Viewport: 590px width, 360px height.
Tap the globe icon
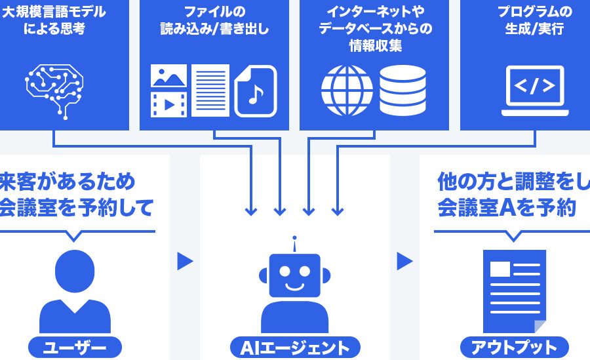[347, 89]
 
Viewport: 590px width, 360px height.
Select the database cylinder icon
[403, 89]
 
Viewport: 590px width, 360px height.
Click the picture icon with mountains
[168, 76]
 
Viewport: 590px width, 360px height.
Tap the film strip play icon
[168, 105]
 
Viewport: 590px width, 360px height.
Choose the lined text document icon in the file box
[210, 90]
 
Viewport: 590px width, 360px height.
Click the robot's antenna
[295, 243]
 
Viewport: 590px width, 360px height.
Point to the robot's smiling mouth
[295, 287]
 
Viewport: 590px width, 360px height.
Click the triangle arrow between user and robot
[185, 262]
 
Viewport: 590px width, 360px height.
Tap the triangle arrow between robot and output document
[404, 262]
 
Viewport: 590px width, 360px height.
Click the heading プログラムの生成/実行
[534, 20]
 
